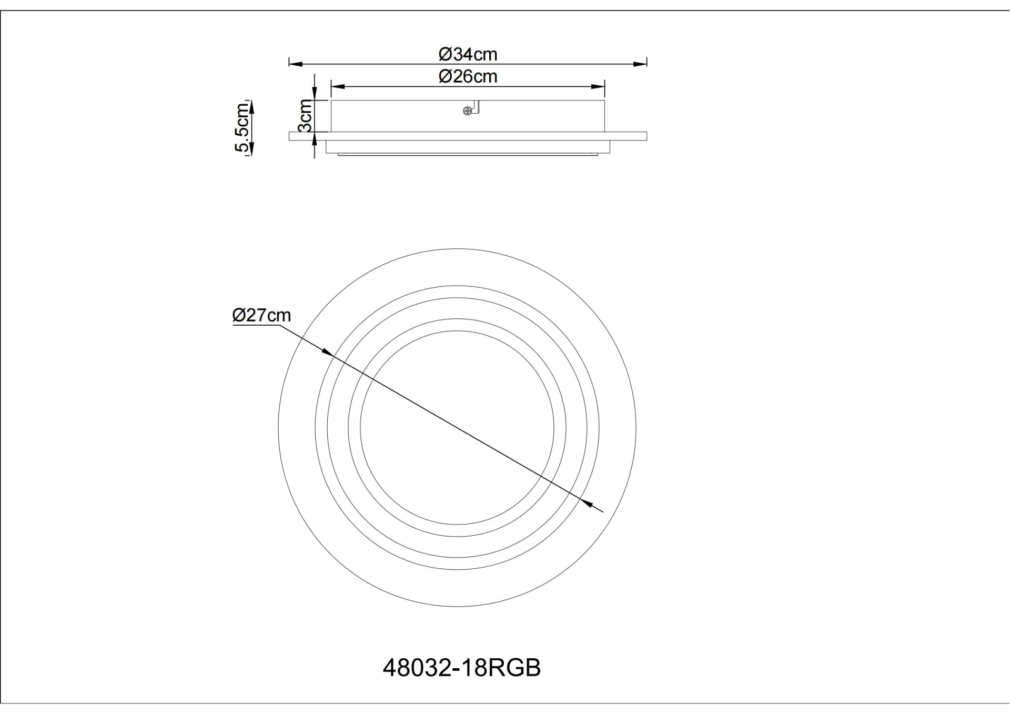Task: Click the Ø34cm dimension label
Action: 468,54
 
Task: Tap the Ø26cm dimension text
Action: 468,77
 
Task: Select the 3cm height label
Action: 306,116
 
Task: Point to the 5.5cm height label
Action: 242,127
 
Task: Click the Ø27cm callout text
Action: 261,315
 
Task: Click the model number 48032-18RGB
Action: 461,668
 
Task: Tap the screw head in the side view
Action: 466,110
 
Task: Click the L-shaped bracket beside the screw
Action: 477,108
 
